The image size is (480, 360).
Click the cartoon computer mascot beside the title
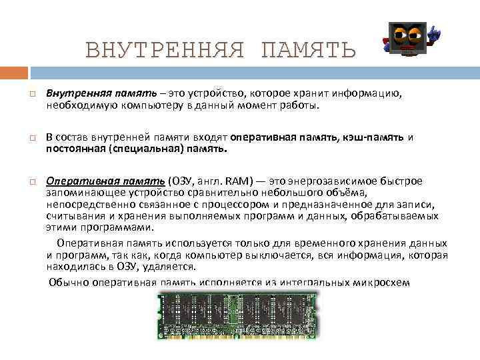pyautogui.click(x=408, y=40)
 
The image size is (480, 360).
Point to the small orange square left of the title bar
pyautogui.click(x=14, y=71)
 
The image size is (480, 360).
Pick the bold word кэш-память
pyautogui.click(x=373, y=137)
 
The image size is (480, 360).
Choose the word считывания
pyautogui.click(x=73, y=216)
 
